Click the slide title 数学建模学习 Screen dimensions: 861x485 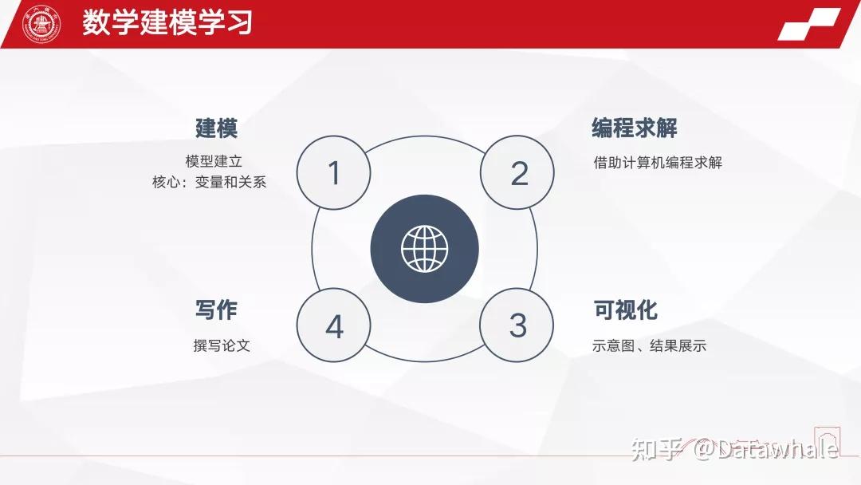[167, 23]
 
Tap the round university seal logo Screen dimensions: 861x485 [41, 24]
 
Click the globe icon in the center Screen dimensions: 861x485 [424, 248]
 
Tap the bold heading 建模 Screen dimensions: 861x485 [216, 128]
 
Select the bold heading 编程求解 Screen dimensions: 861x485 [635, 128]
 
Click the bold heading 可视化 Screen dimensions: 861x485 [626, 310]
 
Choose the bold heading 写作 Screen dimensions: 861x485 [216, 310]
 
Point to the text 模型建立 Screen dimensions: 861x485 [214, 161]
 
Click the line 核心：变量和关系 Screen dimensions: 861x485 [209, 182]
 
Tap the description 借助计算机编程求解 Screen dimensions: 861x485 [658, 163]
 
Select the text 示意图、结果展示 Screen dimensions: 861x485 [649, 345]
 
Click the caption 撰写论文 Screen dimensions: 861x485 [222, 345]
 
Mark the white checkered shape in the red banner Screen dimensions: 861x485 [809, 24]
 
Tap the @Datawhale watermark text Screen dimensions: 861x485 [765, 449]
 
